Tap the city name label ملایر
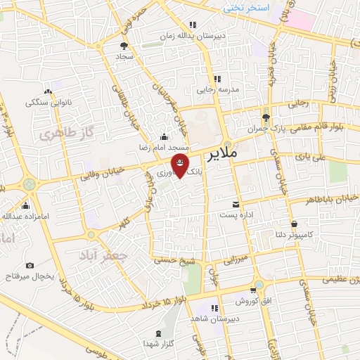(244, 152)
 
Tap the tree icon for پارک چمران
(265, 117)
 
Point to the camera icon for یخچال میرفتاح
(30, 265)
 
